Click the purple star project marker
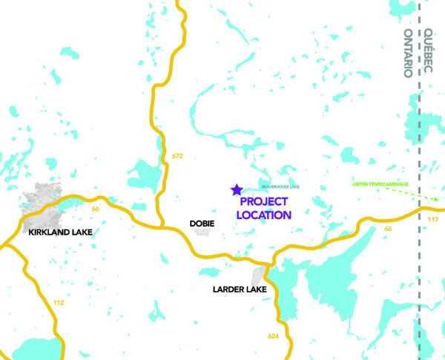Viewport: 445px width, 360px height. (x=237, y=190)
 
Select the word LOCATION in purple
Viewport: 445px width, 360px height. (x=263, y=215)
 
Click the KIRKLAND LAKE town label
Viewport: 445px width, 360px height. (x=60, y=232)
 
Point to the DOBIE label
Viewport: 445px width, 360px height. (x=202, y=222)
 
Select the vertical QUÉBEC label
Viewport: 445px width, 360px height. (x=429, y=52)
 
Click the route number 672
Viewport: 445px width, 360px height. (x=177, y=157)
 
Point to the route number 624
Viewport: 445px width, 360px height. (x=273, y=337)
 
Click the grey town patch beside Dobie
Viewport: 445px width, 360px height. (x=202, y=232)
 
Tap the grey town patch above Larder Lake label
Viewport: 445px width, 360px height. (x=257, y=276)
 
